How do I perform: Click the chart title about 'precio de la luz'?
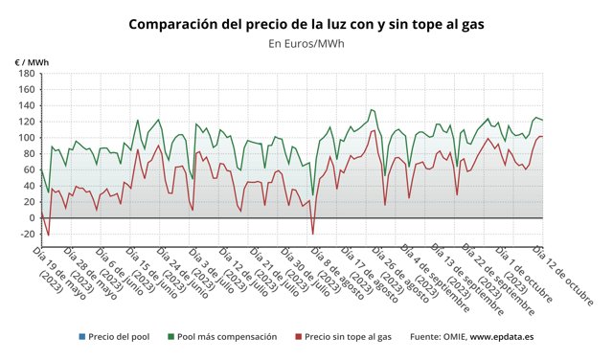[306, 22]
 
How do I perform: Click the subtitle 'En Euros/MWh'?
[306, 43]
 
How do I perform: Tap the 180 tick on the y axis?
[25, 74]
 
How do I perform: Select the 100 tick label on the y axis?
[25, 138]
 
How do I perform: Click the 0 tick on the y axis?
[31, 217]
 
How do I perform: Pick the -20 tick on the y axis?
[25, 234]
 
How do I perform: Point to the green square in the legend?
[170, 337]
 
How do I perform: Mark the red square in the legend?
[298, 337]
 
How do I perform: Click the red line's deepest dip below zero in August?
[312, 233]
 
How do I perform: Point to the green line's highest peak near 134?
[371, 110]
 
